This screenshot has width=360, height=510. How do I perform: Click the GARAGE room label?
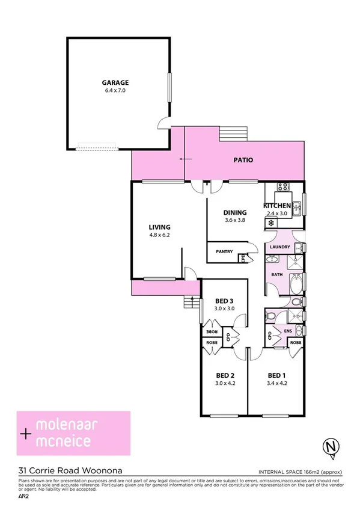115,83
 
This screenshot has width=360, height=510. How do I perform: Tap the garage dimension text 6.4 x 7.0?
115,91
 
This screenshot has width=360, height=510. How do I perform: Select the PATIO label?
243,161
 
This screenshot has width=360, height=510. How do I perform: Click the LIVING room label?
160,227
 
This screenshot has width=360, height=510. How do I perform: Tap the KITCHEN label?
277,206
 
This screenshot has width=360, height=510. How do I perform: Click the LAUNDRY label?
280,247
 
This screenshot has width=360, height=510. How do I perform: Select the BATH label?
276,274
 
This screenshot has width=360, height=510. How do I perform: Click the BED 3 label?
224,301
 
